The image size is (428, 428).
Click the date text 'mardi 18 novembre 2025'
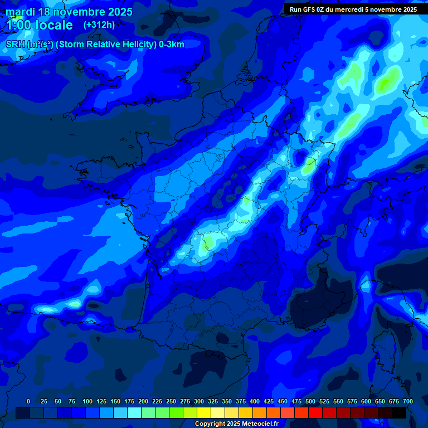tap(69, 12)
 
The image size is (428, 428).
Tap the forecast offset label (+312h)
tap(99, 25)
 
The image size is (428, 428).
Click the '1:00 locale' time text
tap(40, 26)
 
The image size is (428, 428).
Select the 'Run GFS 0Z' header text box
tap(353, 9)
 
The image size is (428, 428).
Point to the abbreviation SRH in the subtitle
tap(16, 45)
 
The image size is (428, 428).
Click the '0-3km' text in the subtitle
tap(172, 45)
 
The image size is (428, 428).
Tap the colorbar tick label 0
tap(28, 401)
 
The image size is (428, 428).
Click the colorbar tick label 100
tap(87, 401)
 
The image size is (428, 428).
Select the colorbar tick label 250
tap(171, 401)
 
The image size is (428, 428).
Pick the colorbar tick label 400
tap(255, 401)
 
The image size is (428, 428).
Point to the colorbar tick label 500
tap(310, 401)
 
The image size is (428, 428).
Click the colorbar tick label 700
tap(407, 401)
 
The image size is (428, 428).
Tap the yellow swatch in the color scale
tap(204, 413)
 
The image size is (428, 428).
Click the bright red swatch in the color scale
tap(315, 413)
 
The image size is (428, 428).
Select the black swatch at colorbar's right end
tap(399, 413)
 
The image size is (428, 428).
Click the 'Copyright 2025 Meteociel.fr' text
tap(236, 424)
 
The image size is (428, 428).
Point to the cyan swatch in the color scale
tap(134, 413)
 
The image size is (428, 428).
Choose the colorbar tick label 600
tap(366, 401)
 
